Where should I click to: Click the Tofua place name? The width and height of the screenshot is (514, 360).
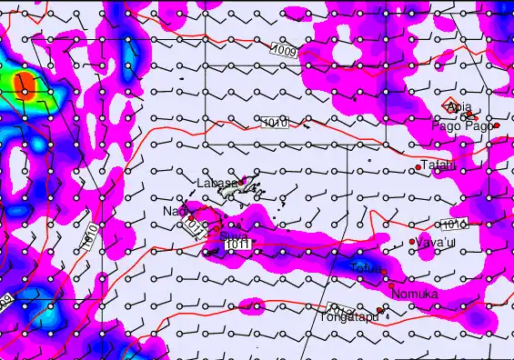click(x=364, y=266)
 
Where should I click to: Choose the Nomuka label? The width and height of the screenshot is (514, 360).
click(x=414, y=295)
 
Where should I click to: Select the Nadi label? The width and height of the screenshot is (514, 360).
click(x=173, y=211)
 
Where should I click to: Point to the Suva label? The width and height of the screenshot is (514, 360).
click(x=234, y=235)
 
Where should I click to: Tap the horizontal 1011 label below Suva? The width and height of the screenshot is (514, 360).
click(x=237, y=245)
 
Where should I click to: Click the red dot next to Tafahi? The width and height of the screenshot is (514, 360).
click(x=418, y=167)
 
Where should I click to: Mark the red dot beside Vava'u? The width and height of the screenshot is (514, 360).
click(x=412, y=242)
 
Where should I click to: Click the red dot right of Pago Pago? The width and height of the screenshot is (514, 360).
click(x=497, y=125)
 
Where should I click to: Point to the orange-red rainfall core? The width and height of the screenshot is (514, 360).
click(x=26, y=87)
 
